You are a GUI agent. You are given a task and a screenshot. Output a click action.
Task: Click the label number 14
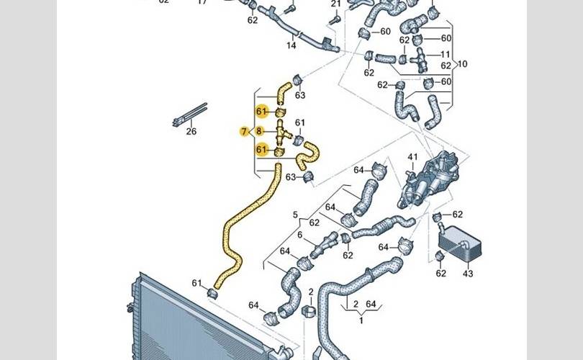(x=291, y=45)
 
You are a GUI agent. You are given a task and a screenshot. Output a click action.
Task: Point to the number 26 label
(x=191, y=131)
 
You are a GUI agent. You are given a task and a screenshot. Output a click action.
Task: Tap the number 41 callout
(x=412, y=157)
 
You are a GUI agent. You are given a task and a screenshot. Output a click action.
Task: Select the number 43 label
(x=468, y=274)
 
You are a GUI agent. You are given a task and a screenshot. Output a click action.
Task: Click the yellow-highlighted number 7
(x=244, y=132)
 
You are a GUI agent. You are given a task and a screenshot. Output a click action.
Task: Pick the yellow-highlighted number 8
(x=260, y=132)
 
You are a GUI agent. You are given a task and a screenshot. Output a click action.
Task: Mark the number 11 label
(x=446, y=55)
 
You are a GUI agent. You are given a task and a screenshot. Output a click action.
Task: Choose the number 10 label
(x=462, y=64)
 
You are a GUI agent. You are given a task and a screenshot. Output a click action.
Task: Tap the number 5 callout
(x=295, y=215)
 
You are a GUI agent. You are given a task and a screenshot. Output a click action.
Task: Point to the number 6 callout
(x=300, y=235)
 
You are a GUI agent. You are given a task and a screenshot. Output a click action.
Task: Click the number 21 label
(x=335, y=4)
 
